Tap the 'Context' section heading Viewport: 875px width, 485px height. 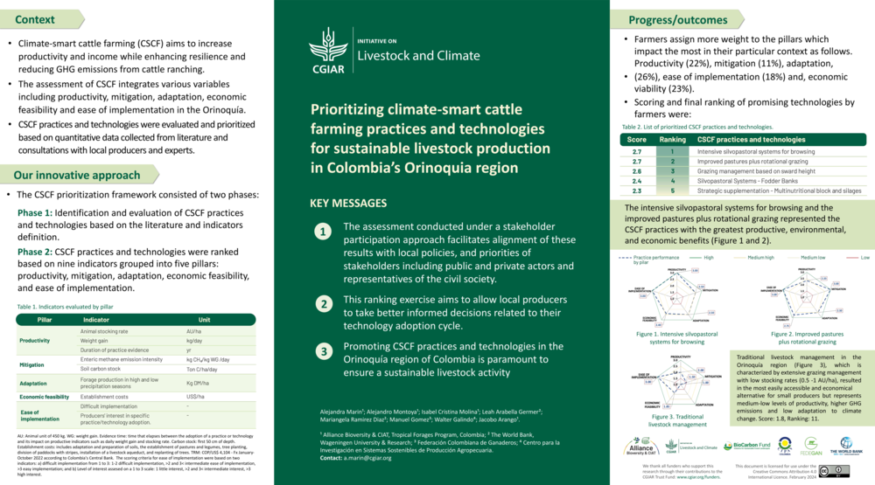(35, 19)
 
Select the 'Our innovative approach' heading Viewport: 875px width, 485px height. (65, 175)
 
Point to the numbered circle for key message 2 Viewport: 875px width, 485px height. (324, 305)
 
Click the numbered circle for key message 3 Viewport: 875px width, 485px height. (324, 351)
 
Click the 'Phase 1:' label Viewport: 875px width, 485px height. (35, 213)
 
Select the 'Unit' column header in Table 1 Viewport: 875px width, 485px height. (204, 320)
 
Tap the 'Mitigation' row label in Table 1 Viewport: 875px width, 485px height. (32, 364)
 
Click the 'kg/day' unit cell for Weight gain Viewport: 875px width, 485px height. (194, 341)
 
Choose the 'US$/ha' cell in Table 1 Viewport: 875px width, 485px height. (195, 396)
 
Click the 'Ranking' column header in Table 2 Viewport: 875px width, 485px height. (672, 140)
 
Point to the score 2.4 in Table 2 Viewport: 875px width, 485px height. (637, 181)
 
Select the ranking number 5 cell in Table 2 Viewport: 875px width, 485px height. (672, 191)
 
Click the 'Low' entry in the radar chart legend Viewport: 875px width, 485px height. (864, 258)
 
